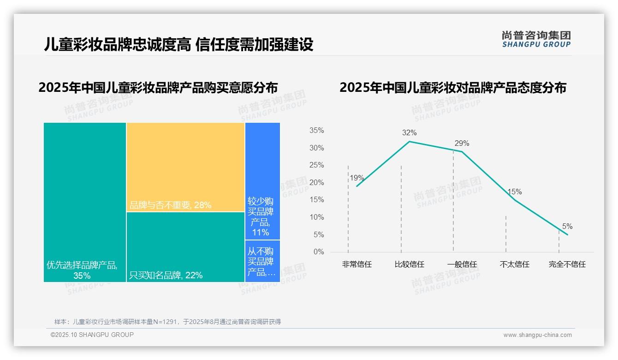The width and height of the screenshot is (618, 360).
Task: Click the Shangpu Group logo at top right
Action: tap(536, 39)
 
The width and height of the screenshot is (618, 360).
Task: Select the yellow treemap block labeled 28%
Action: tap(185, 167)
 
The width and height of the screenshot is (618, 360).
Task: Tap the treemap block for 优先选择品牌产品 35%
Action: tap(85, 202)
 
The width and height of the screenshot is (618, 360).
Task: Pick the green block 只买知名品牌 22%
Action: tap(185, 247)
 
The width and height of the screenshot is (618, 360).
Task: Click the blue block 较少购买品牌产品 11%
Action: tap(262, 181)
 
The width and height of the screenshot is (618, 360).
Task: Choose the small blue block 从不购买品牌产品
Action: tap(262, 261)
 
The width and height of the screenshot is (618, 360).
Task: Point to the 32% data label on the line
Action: tap(409, 133)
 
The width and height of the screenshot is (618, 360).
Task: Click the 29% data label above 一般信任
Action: tap(462, 143)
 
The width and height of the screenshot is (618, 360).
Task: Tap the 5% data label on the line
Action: tap(567, 227)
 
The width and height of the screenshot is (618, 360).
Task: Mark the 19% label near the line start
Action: tap(357, 178)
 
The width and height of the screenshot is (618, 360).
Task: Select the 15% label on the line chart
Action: tap(515, 192)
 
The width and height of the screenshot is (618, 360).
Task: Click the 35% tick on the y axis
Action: tap(316, 131)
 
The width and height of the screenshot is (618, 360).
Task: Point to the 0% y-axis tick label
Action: tap(319, 252)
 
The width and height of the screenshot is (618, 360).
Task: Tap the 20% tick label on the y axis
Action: tap(316, 183)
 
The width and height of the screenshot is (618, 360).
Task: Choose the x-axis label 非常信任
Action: tap(357, 264)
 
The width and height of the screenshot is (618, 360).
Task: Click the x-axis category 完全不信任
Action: tap(567, 264)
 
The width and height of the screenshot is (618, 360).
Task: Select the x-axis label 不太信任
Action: tap(515, 264)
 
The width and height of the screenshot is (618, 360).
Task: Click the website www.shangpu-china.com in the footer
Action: tap(537, 335)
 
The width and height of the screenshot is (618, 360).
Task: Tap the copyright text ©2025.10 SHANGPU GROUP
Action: tap(92, 335)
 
